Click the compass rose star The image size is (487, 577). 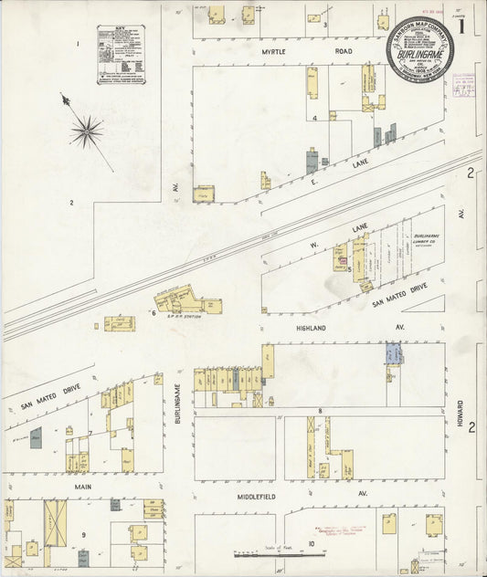(x=87, y=132)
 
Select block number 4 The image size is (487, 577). (x=314, y=118)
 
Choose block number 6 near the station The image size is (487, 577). (x=154, y=312)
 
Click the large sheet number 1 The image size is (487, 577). (x=465, y=27)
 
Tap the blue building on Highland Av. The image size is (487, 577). (x=393, y=353)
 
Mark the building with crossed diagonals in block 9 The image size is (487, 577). (x=55, y=522)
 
